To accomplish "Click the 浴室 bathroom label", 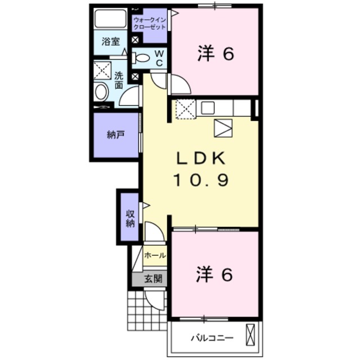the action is coord(111,42).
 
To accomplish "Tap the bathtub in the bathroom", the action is coord(110,19).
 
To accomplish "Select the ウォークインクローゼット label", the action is coord(150,24).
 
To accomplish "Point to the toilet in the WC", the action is coord(141,57).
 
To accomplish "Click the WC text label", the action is coord(159,58).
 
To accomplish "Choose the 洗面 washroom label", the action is coord(119,80).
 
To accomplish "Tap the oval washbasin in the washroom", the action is coord(101,92).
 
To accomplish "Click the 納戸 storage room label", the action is coord(116,135).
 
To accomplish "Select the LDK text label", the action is coord(201,159).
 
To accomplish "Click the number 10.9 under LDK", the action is coord(201,180).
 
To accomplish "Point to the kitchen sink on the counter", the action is coord(208,108).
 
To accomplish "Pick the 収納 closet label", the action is coord(130,219).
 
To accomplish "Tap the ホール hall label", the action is coord(155,255).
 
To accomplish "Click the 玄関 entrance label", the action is coord(153,278).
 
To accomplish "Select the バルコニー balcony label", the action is coord(212,337).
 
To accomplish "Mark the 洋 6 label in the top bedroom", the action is coord(216,53).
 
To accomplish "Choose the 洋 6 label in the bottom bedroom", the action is coord(214,274).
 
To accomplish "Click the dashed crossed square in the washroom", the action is coord(102,70).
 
